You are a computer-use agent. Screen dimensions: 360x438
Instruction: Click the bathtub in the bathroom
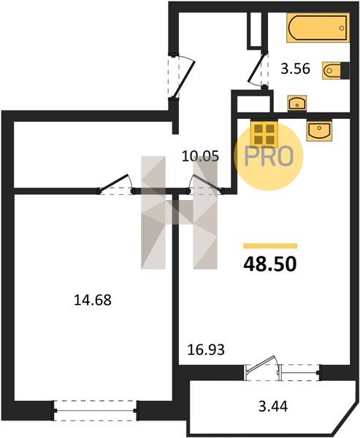point(318,28)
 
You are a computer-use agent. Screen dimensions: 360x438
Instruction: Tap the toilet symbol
point(335,70)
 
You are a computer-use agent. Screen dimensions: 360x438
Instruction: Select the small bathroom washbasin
point(297,103)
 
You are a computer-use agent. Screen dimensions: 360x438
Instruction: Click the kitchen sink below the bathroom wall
point(318,131)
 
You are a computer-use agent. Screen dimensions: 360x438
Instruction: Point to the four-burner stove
point(264,134)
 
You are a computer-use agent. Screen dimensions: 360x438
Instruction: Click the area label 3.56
point(296,69)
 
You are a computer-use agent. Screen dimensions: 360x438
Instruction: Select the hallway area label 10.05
point(200,156)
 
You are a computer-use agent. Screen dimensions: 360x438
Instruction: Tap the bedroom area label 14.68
point(93,300)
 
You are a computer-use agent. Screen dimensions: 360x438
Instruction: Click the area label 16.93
point(206,350)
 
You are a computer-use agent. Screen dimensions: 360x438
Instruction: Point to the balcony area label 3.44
point(273,406)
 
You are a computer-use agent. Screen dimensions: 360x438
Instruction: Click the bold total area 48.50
point(269,264)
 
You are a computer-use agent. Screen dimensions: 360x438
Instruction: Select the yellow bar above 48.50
point(270,246)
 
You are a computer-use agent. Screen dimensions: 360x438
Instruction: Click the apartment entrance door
point(182,76)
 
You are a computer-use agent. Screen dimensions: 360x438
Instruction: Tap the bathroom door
point(258,70)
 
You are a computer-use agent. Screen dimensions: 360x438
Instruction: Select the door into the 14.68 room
point(115,185)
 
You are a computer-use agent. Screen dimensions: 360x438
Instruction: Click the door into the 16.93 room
point(205,185)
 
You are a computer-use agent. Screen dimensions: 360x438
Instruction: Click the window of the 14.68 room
point(96,410)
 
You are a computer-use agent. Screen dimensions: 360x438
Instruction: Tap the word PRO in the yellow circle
point(269,157)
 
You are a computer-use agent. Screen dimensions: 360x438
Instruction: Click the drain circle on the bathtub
point(341,28)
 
